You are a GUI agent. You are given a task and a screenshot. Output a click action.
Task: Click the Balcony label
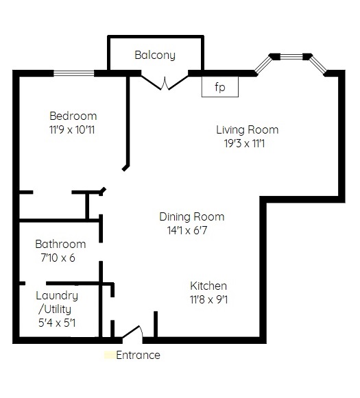tap(155, 55)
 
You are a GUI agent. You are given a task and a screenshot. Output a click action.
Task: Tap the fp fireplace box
tap(220, 86)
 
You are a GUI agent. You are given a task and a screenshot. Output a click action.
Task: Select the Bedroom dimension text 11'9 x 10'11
tap(72, 130)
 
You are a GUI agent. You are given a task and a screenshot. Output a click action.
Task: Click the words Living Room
tap(247, 129)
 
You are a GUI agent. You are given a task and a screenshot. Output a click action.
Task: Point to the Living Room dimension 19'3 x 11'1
tap(244, 144)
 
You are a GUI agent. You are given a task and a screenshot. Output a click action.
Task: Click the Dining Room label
tap(192, 216)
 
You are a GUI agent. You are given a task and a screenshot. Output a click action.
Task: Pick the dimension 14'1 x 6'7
tap(187, 230)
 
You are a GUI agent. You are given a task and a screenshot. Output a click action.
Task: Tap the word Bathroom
tap(60, 244)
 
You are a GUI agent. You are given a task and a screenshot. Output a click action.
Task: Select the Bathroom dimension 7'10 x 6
tap(58, 258)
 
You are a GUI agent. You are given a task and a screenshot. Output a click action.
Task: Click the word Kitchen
tap(208, 286)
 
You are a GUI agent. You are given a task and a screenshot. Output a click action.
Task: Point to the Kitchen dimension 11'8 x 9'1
tap(208, 300)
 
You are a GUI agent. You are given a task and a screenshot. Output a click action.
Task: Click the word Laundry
tap(57, 296)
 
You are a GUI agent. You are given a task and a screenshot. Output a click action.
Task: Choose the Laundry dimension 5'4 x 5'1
tap(57, 323)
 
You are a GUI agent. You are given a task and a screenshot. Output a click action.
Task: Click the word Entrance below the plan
tap(138, 355)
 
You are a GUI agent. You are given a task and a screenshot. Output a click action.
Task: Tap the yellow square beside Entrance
tap(110, 355)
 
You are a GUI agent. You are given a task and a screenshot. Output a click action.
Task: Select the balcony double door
tap(165, 82)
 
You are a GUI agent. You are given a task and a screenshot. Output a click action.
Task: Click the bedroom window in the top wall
tap(73, 73)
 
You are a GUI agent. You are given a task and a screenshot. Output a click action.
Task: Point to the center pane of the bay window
tap(291, 56)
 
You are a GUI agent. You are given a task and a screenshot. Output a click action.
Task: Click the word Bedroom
tap(73, 116)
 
